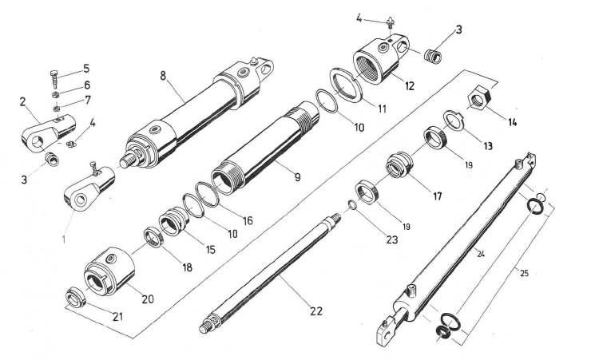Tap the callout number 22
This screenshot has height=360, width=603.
point(316,311)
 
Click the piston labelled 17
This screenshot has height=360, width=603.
point(399,168)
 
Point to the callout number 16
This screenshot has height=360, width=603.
point(248,220)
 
